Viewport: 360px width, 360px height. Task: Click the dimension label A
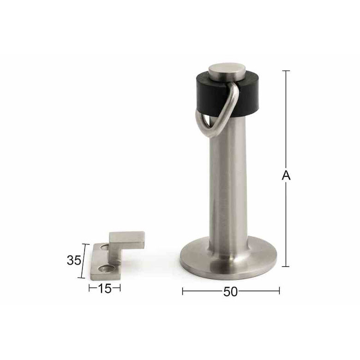point(286,175)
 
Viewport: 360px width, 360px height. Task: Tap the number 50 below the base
point(230,292)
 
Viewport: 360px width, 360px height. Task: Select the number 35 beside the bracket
point(74,261)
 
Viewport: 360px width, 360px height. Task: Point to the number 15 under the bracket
point(105,288)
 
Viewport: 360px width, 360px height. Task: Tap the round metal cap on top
point(227,72)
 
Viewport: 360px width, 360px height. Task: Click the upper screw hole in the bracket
point(105,247)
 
